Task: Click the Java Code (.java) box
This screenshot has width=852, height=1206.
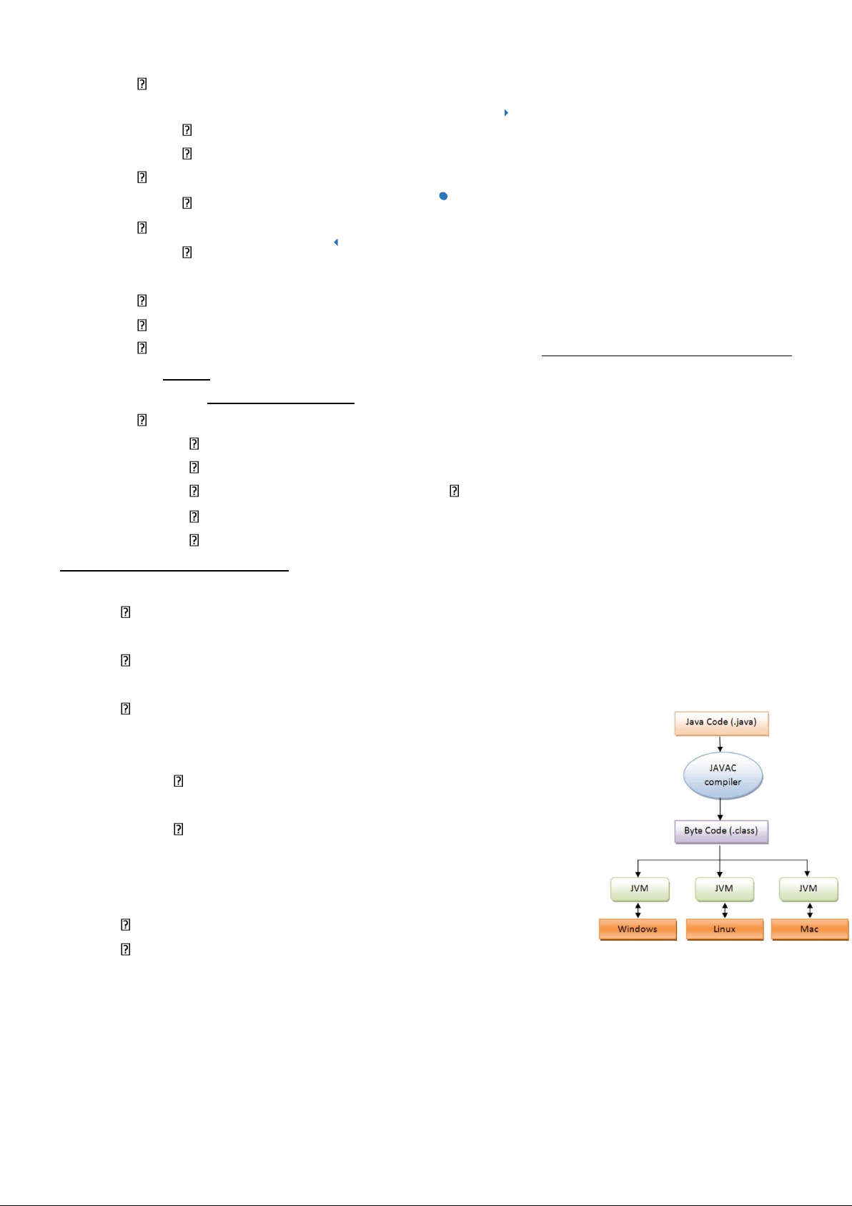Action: click(721, 724)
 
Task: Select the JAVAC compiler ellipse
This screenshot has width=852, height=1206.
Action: click(723, 775)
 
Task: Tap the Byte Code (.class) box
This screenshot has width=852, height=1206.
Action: click(721, 832)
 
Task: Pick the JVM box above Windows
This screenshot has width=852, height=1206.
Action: click(640, 889)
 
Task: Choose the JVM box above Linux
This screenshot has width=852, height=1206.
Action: click(724, 889)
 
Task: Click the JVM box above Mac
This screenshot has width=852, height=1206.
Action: click(808, 889)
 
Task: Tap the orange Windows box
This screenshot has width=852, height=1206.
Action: click(638, 929)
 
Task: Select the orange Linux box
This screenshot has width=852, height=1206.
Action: click(725, 929)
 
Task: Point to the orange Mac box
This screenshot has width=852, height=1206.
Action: click(810, 929)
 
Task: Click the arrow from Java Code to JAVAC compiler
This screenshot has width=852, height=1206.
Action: click(720, 744)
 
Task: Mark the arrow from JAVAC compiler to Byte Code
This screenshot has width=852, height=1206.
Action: click(720, 810)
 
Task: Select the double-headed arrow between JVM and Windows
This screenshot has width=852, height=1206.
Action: click(638, 911)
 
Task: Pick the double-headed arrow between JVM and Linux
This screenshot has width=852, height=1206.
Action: click(725, 911)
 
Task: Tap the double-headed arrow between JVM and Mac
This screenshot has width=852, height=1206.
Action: click(810, 911)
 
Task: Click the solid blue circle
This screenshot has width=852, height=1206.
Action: click(443, 196)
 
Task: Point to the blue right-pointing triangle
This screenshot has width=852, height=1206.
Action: click(506, 112)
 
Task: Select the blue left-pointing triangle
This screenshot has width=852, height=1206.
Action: click(336, 242)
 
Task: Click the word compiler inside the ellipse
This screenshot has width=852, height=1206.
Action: click(723, 783)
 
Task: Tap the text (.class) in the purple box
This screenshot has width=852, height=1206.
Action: click(743, 830)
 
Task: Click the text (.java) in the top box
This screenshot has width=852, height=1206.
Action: click(743, 722)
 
